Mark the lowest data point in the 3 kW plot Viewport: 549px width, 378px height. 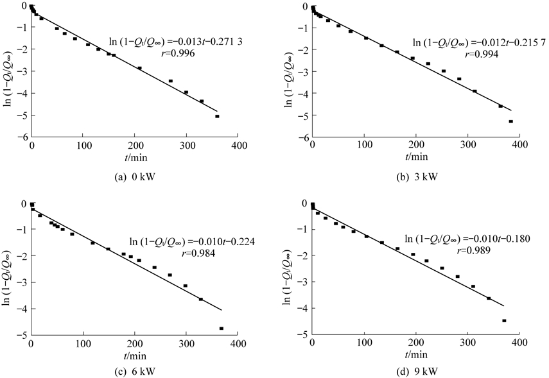click(511, 121)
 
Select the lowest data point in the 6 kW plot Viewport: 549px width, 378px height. click(222, 329)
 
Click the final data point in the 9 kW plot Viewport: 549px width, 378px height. click(504, 321)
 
